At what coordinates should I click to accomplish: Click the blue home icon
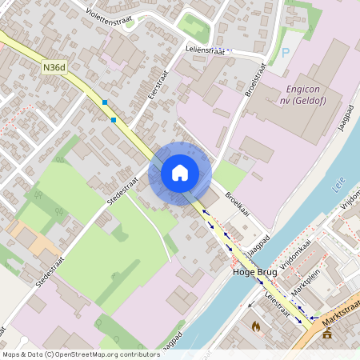point(180,172)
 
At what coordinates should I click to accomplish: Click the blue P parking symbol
point(286,53)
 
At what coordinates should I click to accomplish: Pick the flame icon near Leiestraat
point(256,326)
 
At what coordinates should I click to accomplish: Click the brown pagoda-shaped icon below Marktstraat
point(326,334)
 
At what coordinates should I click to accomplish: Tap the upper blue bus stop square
point(104,102)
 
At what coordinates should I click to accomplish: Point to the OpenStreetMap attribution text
point(80,354)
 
